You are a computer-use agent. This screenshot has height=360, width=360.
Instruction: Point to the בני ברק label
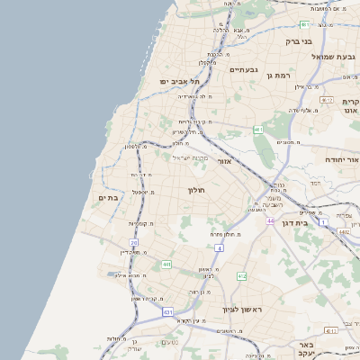click(298, 40)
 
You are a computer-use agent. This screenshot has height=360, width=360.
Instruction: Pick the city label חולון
click(197, 190)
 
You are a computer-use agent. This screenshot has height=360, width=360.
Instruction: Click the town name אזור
click(225, 162)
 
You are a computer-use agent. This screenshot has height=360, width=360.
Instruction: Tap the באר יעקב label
click(308, 350)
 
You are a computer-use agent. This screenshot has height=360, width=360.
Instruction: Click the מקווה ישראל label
click(190, 158)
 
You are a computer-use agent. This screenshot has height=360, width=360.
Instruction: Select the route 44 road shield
click(269, 220)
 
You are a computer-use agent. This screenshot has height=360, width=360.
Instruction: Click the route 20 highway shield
click(134, 243)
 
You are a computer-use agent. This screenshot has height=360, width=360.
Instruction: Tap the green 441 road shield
click(166, 265)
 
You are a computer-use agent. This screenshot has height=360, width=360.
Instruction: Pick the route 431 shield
click(168, 311)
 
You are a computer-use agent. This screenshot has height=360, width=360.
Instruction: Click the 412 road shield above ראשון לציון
click(242, 276)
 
